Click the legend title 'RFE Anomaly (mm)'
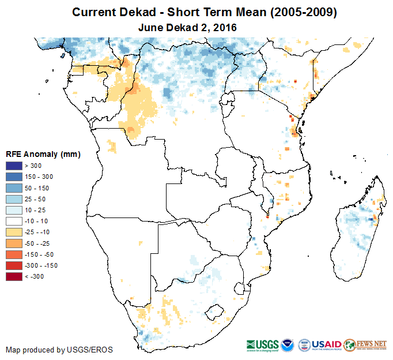[x=43, y=155]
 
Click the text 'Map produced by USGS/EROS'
[x=59, y=350]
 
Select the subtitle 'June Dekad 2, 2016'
[x=188, y=27]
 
